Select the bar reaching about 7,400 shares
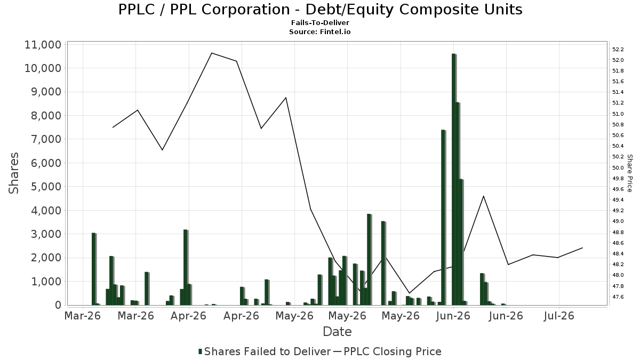coord(443,218)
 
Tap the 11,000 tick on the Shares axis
coord(43,45)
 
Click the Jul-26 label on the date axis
coord(559,316)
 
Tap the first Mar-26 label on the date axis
coord(83,316)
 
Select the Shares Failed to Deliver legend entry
coord(265,351)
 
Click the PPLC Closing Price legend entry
coord(387,351)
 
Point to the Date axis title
coord(337,332)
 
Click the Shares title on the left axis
coord(13,173)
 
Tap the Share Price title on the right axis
coord(630,173)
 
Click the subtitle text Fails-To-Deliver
coord(320,22)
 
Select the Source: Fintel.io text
coord(320,31)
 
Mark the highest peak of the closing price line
coord(212,53)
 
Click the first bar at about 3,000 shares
coord(94,269)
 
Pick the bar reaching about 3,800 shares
coord(369,259)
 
